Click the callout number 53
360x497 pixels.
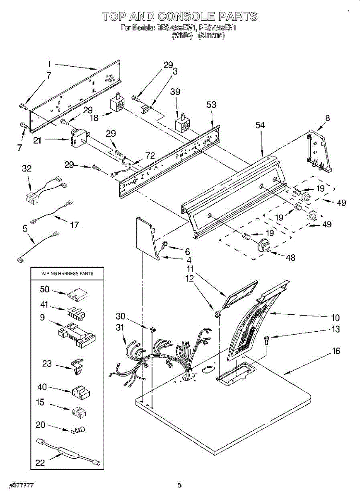click(211, 105)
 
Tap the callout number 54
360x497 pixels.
click(260, 125)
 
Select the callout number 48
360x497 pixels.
click(290, 258)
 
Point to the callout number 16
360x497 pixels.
click(336, 351)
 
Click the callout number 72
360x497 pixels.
click(150, 156)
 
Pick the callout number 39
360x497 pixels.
click(176, 92)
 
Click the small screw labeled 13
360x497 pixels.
click(266, 340)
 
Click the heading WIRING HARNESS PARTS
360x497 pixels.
click(67, 273)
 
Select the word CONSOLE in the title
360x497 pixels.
click(181, 17)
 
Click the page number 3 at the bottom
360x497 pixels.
click(179, 485)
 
